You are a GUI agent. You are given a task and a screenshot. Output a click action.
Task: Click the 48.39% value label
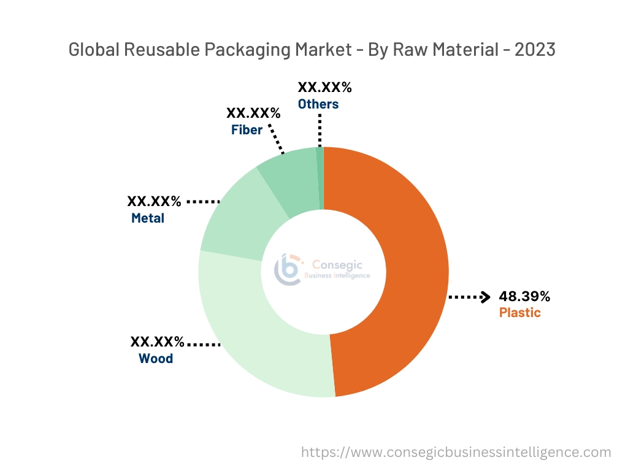point(524,297)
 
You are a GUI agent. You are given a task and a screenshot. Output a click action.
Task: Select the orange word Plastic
point(519,313)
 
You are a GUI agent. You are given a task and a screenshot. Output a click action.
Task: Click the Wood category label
point(156,358)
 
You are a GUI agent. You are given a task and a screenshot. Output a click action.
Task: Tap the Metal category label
point(148,218)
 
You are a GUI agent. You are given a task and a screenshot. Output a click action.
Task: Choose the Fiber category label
point(247,130)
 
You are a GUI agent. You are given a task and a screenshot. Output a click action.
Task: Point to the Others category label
point(318,104)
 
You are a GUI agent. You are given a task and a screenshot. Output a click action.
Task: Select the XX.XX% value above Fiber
point(253,113)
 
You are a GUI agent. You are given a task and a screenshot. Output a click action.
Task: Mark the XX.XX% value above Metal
point(154,201)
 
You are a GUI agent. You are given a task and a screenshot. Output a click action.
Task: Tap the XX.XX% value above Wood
point(157,342)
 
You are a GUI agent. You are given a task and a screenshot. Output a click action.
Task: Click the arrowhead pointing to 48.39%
point(486,297)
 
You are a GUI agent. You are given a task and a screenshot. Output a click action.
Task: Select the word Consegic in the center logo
point(337,265)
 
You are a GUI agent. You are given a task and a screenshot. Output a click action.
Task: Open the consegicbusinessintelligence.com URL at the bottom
point(456,453)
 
